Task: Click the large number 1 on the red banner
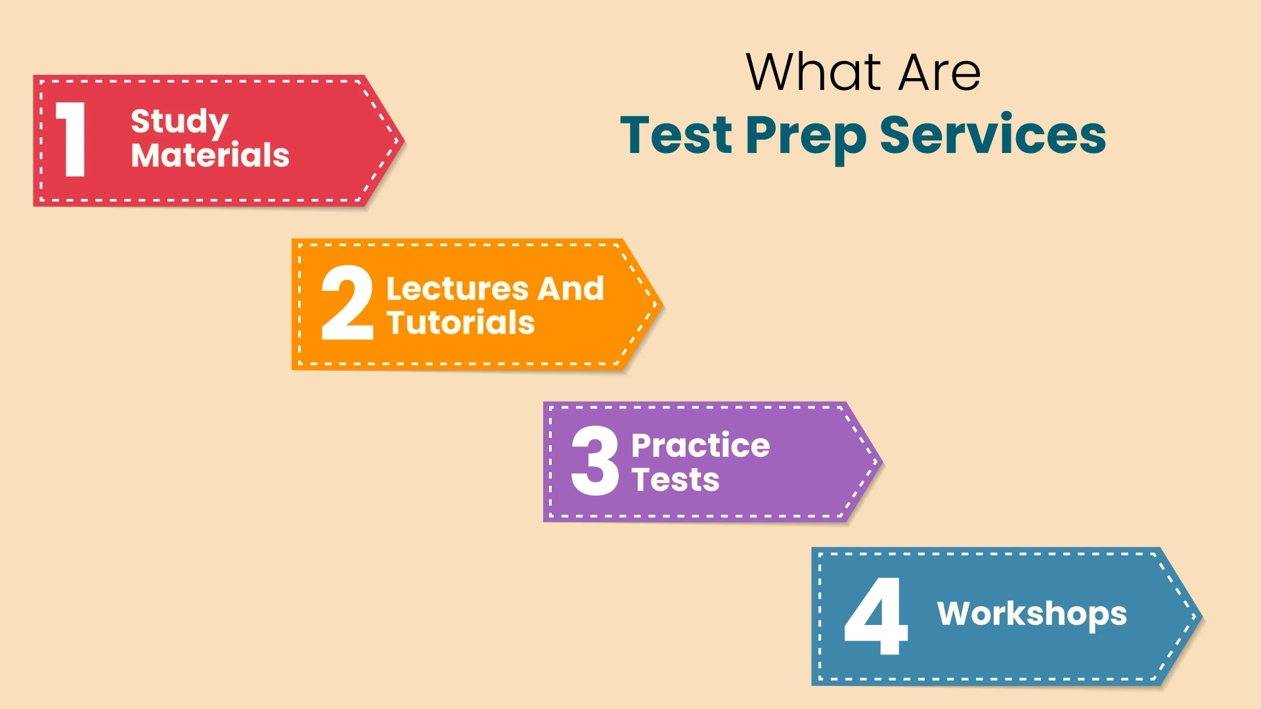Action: pos(72,139)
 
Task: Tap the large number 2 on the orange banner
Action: pos(347,303)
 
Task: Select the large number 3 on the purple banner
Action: pos(595,461)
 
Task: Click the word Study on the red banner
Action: pos(179,122)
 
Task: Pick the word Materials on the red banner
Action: pos(210,156)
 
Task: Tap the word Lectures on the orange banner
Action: pos(457,289)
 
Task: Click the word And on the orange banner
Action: pos(571,289)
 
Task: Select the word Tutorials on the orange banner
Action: pos(460,323)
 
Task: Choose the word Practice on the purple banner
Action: pos(700,446)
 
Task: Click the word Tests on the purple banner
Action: pos(675,480)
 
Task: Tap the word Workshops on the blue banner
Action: pos(1032,614)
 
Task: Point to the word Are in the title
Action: pos(939,72)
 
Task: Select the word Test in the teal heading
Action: pos(676,135)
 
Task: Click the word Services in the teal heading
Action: pos(992,135)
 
